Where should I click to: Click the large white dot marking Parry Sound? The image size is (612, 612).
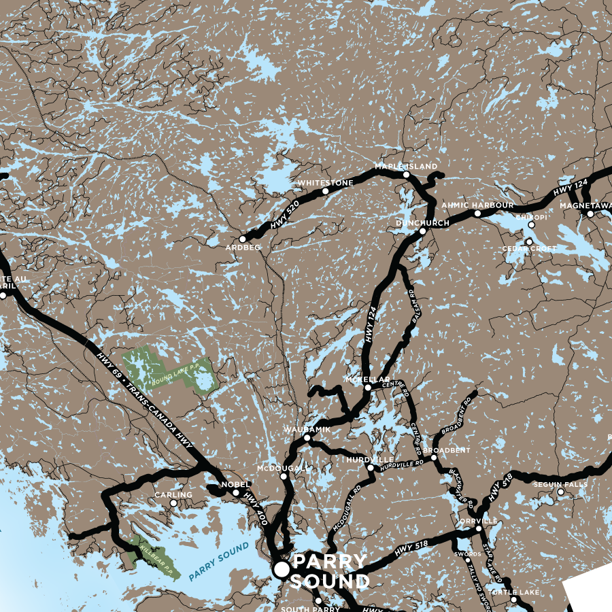(x=280, y=569)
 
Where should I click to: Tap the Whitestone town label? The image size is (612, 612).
(x=325, y=183)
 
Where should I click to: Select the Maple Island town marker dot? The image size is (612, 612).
(x=406, y=175)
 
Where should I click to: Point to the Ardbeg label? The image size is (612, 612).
(x=243, y=248)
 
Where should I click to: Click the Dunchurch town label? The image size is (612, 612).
(x=422, y=223)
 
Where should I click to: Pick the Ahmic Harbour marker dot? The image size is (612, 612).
(x=477, y=214)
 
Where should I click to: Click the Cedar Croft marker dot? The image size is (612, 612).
(x=529, y=241)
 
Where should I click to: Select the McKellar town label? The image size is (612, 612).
(x=367, y=379)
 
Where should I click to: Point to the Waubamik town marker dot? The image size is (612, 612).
(x=307, y=439)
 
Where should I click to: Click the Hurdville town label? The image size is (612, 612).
(x=370, y=460)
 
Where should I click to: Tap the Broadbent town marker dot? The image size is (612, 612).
(x=434, y=458)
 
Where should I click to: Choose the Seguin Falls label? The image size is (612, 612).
(x=560, y=484)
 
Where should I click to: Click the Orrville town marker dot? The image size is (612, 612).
(x=478, y=528)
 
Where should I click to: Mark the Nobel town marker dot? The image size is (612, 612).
(x=236, y=493)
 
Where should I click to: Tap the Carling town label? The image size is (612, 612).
(x=173, y=495)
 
